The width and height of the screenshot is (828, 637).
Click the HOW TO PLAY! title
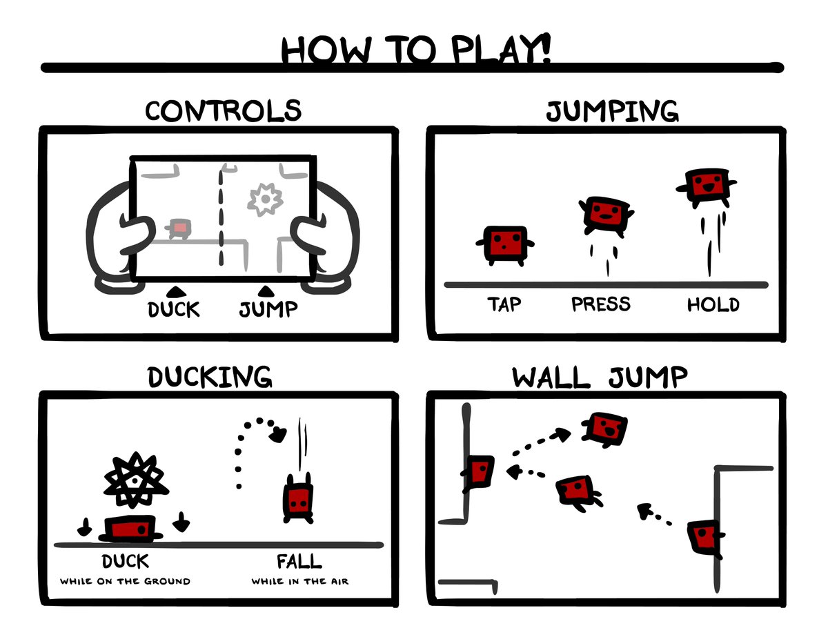(x=415, y=50)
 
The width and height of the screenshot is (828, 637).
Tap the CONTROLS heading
(x=224, y=111)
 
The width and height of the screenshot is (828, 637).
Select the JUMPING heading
(x=612, y=111)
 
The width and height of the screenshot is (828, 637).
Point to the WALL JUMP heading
(x=600, y=378)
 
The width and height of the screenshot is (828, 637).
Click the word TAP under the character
(x=504, y=304)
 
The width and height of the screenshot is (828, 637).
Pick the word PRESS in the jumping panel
(x=601, y=304)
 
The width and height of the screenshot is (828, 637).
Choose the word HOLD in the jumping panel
(x=713, y=305)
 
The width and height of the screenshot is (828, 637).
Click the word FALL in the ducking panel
(x=299, y=561)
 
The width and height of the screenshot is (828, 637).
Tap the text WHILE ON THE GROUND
(x=125, y=581)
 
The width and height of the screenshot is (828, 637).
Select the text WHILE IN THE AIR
(x=300, y=581)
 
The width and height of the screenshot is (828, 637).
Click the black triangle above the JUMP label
(x=266, y=291)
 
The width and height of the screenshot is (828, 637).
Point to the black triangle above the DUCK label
(x=177, y=292)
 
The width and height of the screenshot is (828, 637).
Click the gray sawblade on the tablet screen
(x=265, y=199)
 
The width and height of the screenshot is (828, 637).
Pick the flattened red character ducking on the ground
(x=130, y=529)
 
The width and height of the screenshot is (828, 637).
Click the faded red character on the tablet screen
(x=178, y=228)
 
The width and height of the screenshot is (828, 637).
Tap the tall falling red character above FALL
(x=298, y=498)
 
